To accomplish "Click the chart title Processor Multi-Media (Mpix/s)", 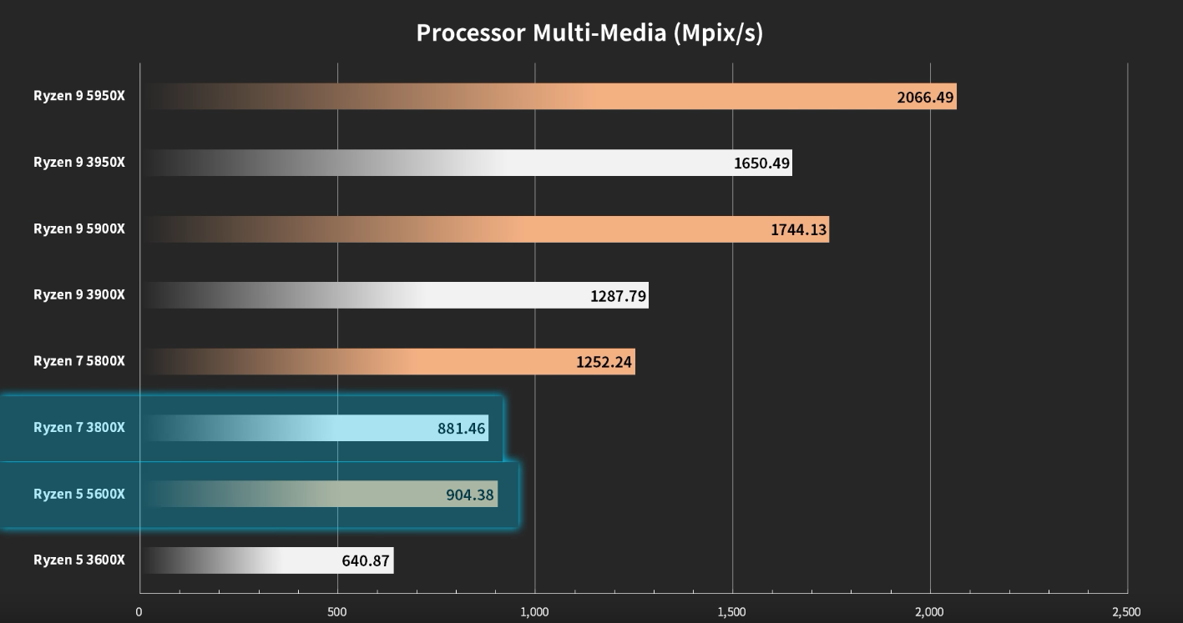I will (x=589, y=33).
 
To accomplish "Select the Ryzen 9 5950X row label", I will (x=79, y=96).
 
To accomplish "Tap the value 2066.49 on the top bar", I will (x=925, y=98).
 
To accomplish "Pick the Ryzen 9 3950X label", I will (x=79, y=162).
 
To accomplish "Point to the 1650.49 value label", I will (x=761, y=163).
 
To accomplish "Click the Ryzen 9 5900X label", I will (x=79, y=228).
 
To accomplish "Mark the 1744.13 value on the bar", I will (x=799, y=230).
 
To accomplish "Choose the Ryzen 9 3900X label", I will (x=79, y=294).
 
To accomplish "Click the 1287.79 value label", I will (x=619, y=296).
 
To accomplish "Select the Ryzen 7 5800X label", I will (x=79, y=361).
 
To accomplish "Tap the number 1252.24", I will (x=604, y=363).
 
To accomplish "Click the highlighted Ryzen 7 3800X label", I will (x=79, y=428).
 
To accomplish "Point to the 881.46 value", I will (x=461, y=430).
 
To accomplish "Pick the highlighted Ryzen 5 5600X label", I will (x=79, y=494).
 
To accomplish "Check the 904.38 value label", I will (x=470, y=495).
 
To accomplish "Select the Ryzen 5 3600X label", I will (x=79, y=560).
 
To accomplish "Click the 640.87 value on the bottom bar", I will (x=366, y=561).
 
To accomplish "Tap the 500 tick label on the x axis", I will (x=337, y=612).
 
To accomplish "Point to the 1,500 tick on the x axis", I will (x=732, y=612).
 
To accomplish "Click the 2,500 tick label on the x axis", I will (x=1126, y=612).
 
